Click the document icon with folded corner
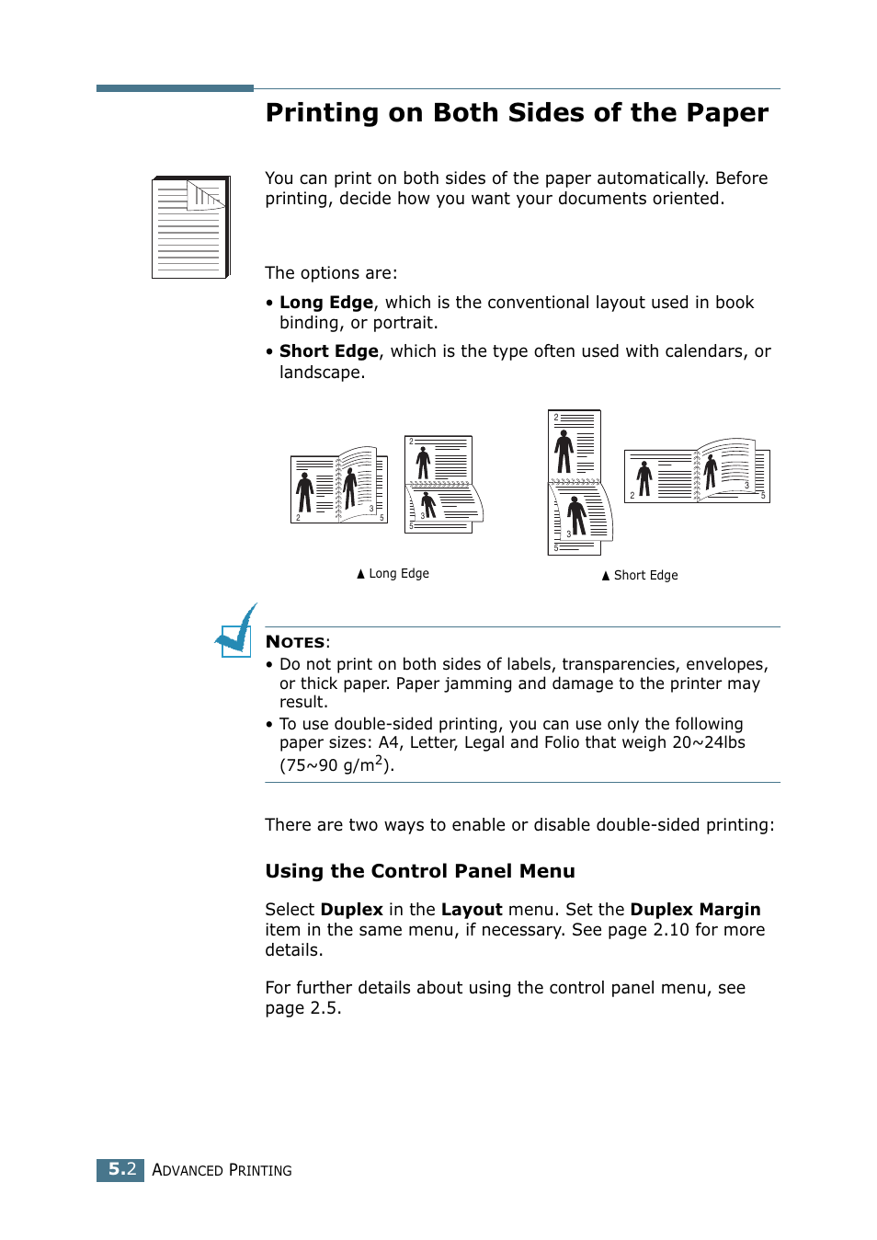190,227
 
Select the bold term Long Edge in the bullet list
326,303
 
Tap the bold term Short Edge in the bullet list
329,351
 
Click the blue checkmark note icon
235,632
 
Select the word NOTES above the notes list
295,642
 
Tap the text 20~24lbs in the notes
708,742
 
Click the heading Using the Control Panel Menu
420,871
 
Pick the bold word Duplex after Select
351,910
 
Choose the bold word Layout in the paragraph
472,910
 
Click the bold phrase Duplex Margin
695,910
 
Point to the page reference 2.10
670,930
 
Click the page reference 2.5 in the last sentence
325,1008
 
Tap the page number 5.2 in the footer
121,1169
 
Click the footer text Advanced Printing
222,1170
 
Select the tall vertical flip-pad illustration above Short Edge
577,483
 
